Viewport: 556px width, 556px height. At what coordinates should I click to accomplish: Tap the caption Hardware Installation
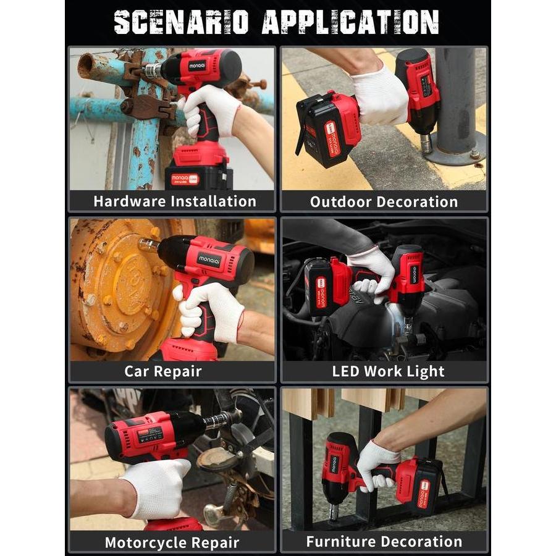174,201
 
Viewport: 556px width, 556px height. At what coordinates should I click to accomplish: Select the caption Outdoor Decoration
384,201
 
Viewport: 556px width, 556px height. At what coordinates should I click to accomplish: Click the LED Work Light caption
388,371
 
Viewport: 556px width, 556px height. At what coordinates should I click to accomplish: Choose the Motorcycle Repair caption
172,542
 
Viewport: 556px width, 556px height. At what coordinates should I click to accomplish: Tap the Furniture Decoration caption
384,542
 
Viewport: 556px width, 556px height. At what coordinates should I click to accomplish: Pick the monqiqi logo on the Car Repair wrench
209,259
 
